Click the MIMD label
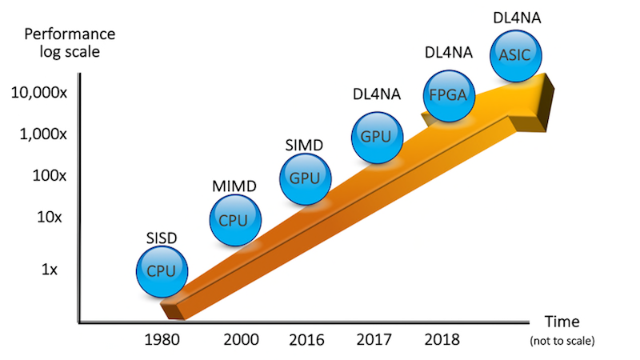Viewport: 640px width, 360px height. pyautogui.click(x=234, y=186)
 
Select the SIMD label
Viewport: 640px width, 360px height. pyautogui.click(x=304, y=146)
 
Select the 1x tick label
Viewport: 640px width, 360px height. pyautogui.click(x=50, y=270)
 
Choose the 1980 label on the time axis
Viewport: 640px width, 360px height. pyautogui.click(x=167, y=338)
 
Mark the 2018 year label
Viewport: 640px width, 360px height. pyautogui.click(x=442, y=338)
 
